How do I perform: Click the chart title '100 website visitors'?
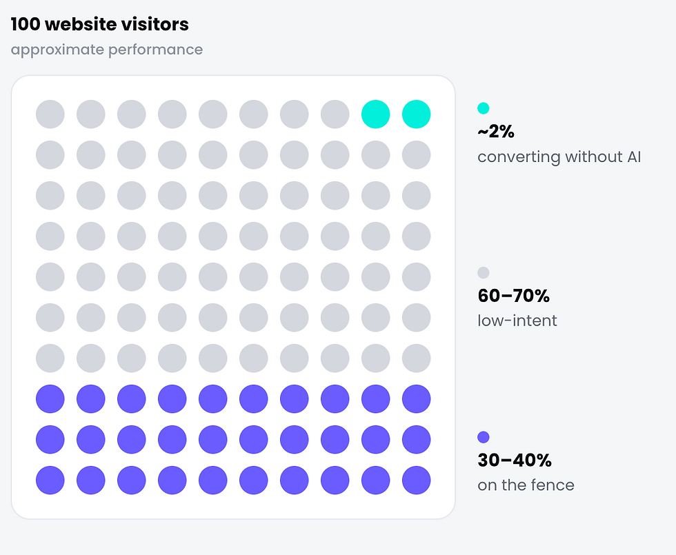click(x=99, y=24)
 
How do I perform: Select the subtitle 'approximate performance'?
click(x=106, y=50)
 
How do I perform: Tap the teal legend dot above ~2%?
click(x=484, y=108)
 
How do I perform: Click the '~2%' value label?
click(x=496, y=132)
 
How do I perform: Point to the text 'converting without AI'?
click(x=559, y=157)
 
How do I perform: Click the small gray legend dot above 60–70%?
click(x=484, y=273)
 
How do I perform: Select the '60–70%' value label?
click(x=513, y=296)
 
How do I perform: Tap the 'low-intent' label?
click(x=517, y=321)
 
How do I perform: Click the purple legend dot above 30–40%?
click(x=484, y=437)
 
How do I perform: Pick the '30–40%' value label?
click(x=515, y=461)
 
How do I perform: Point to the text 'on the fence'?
click(x=526, y=485)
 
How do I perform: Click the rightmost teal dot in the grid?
click(x=417, y=114)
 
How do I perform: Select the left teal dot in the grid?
click(x=375, y=114)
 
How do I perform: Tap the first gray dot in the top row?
click(x=50, y=114)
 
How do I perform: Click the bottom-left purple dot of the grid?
click(x=50, y=480)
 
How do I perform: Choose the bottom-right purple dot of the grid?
click(x=417, y=480)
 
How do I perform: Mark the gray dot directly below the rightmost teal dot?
click(x=417, y=154)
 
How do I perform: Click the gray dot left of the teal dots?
click(x=335, y=114)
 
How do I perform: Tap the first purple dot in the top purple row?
click(x=50, y=398)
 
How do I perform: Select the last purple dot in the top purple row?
click(x=417, y=398)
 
